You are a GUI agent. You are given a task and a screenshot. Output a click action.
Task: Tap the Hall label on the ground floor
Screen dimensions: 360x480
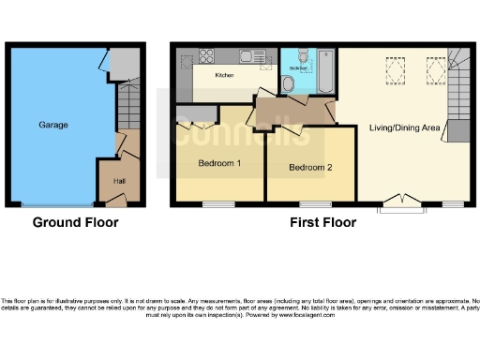pyautogui.click(x=119, y=181)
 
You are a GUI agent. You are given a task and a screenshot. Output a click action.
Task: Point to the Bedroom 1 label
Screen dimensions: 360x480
pyautogui.click(x=219, y=162)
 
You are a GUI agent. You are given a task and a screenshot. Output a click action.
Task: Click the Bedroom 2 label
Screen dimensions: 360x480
pyautogui.click(x=310, y=168)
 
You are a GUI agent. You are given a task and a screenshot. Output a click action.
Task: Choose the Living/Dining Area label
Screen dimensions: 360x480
pyautogui.click(x=405, y=127)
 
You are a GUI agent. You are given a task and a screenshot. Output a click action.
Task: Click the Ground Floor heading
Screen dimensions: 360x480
pyautogui.click(x=75, y=223)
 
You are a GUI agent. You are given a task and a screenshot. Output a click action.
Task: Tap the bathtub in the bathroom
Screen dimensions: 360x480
pyautogui.click(x=325, y=73)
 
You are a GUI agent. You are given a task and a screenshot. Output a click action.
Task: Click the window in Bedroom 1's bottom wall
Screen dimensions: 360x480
pyautogui.click(x=218, y=203)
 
